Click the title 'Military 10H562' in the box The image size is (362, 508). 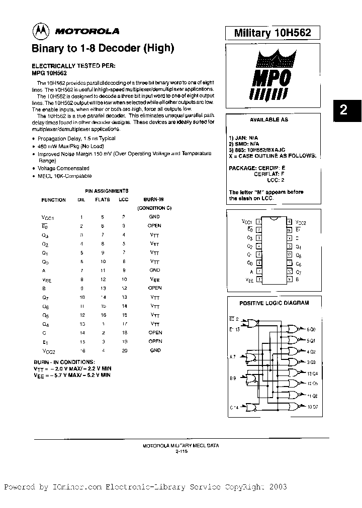pyautogui.click(x=273, y=33)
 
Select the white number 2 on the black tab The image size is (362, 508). pyautogui.click(x=344, y=110)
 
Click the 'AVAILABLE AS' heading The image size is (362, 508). pyautogui.click(x=269, y=120)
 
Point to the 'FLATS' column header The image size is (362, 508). pyautogui.click(x=102, y=200)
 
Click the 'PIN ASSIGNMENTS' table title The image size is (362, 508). pyautogui.click(x=106, y=191)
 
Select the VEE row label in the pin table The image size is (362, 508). pyautogui.click(x=46, y=280)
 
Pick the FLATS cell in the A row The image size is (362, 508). pyautogui.click(x=102, y=271)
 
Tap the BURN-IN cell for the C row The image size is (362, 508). pyautogui.click(x=155, y=332)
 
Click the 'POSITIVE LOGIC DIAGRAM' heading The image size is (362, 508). pyautogui.click(x=274, y=303)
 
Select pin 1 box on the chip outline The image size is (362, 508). pyautogui.click(x=258, y=221)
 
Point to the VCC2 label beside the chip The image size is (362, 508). pyautogui.click(x=301, y=222)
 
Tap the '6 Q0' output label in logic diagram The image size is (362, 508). pyautogui.click(x=311, y=329)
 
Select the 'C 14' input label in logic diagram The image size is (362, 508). pyautogui.click(x=234, y=407)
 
